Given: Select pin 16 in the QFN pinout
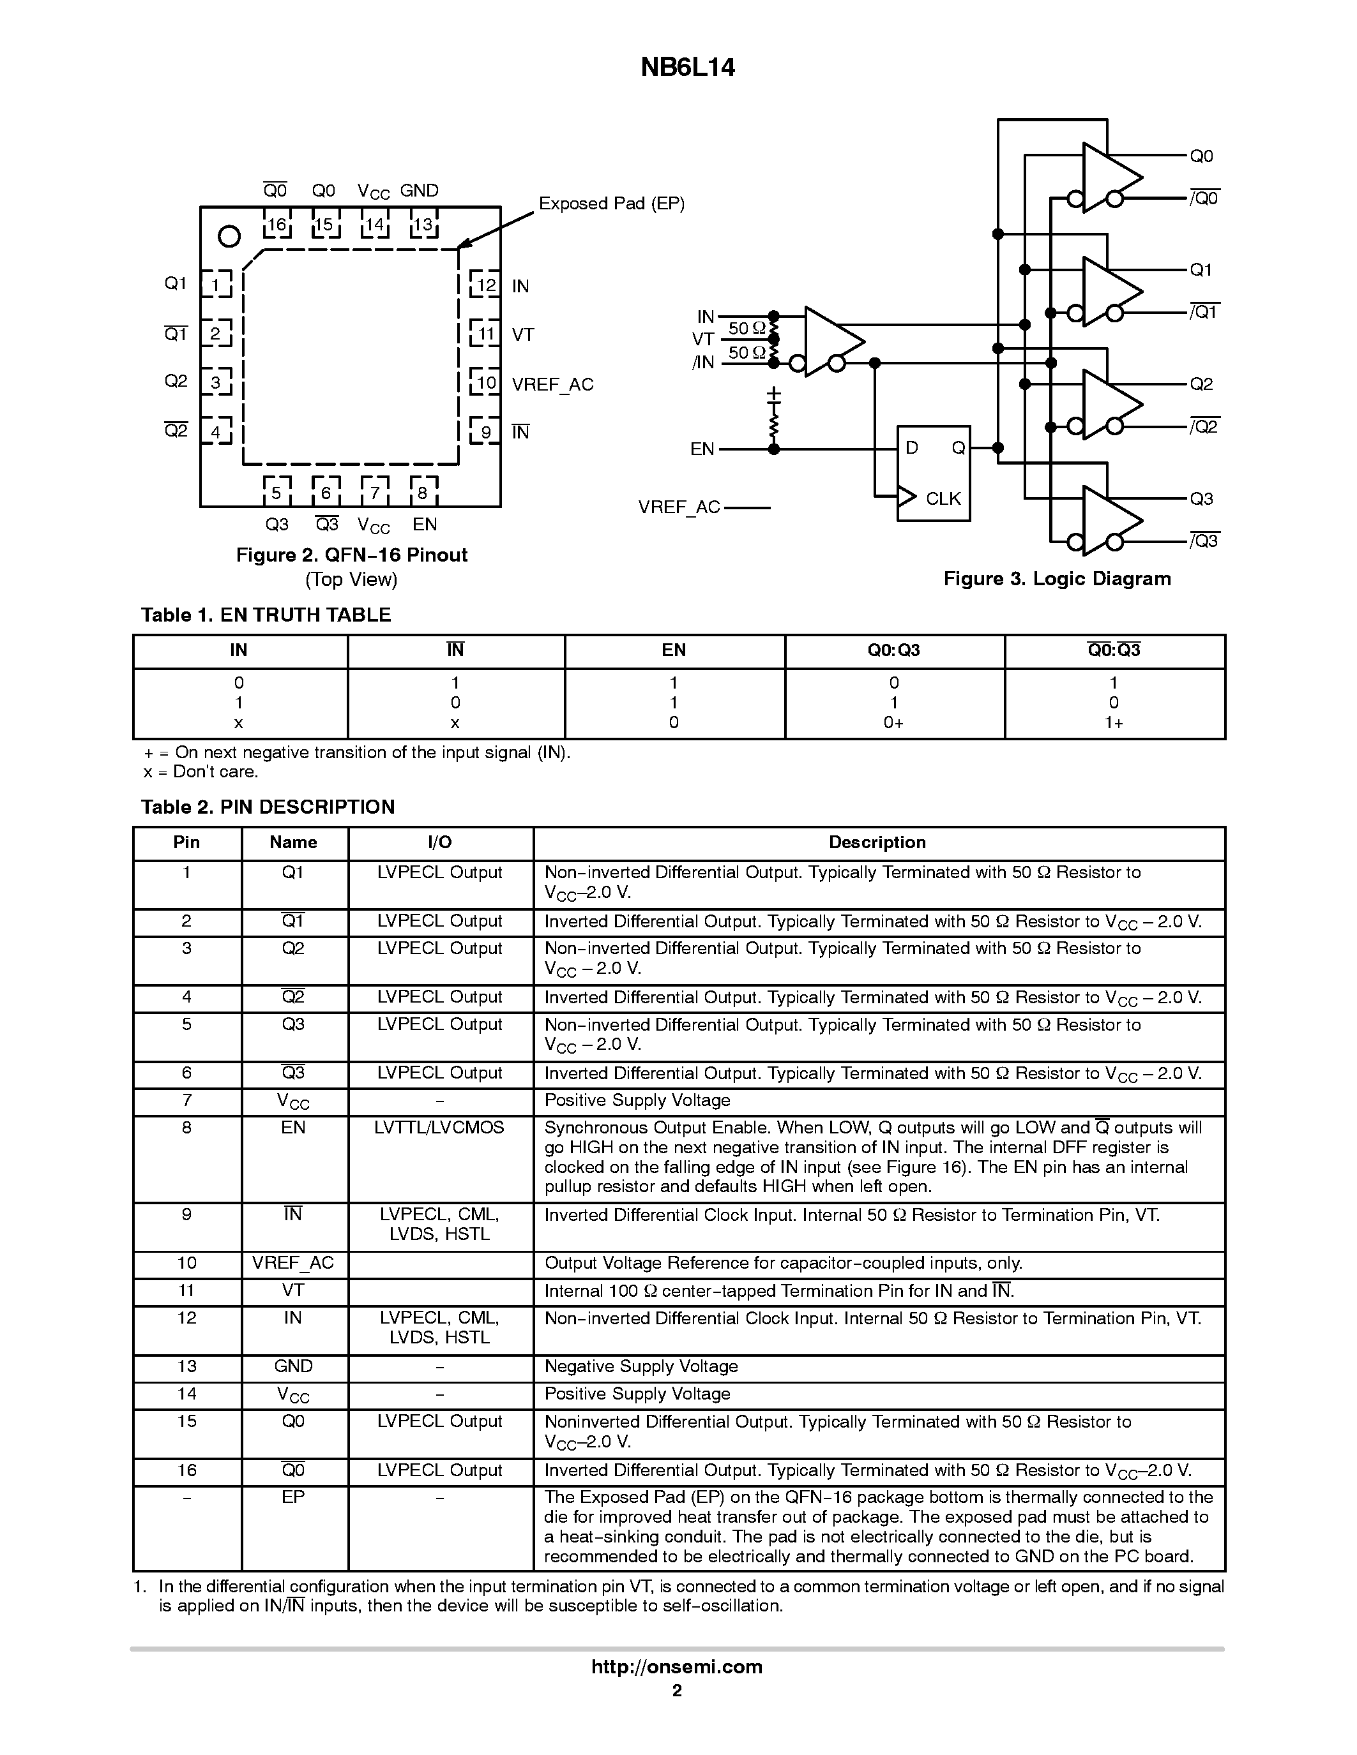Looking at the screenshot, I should tap(277, 224).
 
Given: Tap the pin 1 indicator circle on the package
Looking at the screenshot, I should tap(229, 236).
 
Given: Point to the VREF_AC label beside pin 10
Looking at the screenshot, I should tap(552, 384).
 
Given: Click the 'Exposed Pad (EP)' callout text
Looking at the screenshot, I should tap(611, 204).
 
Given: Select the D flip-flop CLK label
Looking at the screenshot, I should tap(943, 498).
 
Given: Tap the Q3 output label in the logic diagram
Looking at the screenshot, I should tap(1201, 499).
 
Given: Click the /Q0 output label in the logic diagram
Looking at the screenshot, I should tap(1204, 198).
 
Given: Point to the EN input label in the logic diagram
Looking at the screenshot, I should tap(702, 449).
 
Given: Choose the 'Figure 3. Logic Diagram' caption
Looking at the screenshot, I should tap(1056, 579).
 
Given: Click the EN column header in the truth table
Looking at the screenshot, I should tap(674, 650).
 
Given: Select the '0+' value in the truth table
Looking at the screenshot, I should tap(893, 722).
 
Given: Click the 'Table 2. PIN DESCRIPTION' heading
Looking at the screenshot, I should tap(268, 807).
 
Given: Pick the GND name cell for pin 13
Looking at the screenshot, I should tap(293, 1366).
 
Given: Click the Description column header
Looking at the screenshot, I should tap(877, 842).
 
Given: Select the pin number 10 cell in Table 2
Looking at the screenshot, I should tap(186, 1262).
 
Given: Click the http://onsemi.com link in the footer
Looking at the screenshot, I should tap(677, 1666).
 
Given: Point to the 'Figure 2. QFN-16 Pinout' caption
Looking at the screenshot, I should tap(351, 555).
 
